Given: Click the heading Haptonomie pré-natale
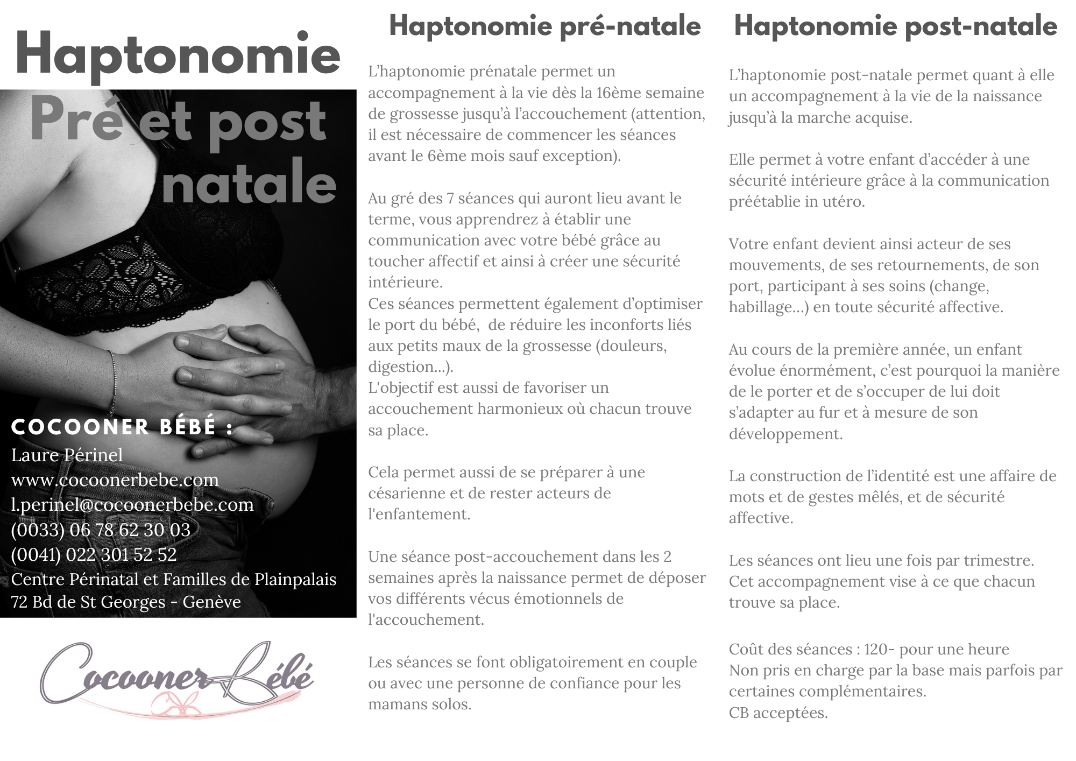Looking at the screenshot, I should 544,26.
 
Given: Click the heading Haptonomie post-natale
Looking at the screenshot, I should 895,26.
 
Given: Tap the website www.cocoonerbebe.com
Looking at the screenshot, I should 115,480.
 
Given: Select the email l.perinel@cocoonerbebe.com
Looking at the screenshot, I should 132,504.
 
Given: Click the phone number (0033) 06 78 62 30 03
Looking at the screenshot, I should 101,530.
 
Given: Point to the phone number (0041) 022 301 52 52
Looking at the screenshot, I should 94,554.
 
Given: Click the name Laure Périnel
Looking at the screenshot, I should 67,455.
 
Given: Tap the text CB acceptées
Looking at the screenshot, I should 778,713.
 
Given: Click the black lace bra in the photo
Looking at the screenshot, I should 134,269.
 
